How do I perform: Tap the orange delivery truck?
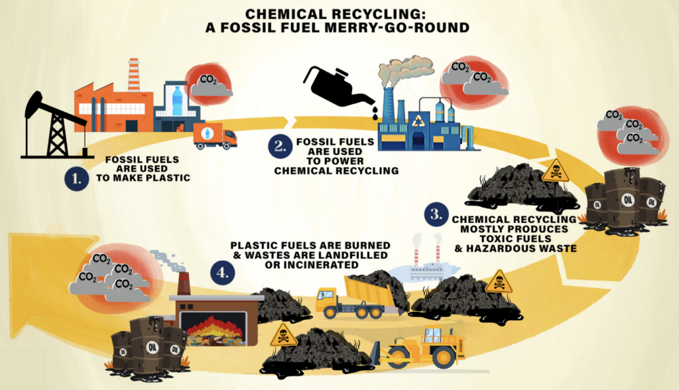pyautogui.click(x=215, y=135)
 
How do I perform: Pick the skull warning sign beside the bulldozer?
pyautogui.click(x=283, y=334)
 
